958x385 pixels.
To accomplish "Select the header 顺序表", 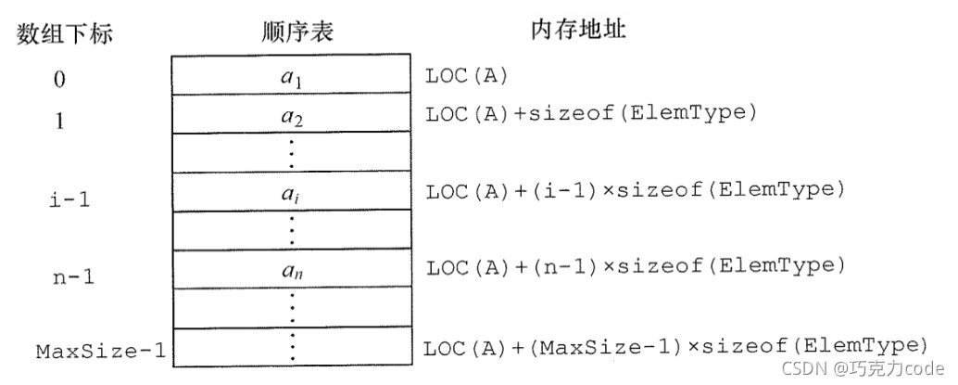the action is [x=297, y=32].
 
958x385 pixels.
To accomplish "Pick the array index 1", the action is [x=59, y=120].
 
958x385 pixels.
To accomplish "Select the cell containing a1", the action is [x=292, y=78].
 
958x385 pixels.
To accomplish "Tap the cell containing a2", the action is [x=292, y=117].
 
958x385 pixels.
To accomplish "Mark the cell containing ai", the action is [x=292, y=194].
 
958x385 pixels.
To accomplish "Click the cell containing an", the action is [x=292, y=272].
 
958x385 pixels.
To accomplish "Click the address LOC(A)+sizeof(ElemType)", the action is [x=591, y=115].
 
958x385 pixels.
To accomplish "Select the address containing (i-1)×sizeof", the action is [x=635, y=192].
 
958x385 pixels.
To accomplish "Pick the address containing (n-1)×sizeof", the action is [x=635, y=267].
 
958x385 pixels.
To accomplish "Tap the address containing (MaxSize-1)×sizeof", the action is [x=675, y=347].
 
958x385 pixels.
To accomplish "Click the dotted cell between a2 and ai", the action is [x=292, y=154].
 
